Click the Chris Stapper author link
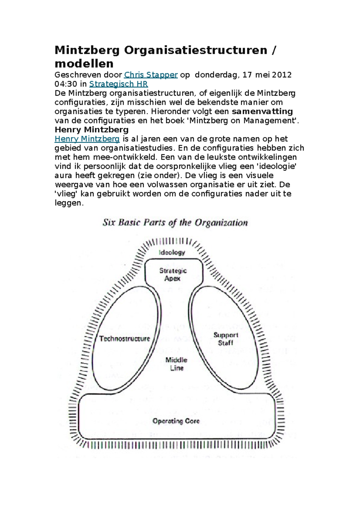pos(151,75)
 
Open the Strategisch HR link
pos(118,84)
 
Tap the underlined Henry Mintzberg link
pos(87,139)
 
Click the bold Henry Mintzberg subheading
pos(91,129)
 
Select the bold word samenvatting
pos(262,112)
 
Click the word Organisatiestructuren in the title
pos(196,50)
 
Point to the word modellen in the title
pos(84,64)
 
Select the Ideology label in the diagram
pos(172,252)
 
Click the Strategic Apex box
pos(173,274)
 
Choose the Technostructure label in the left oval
pos(124,339)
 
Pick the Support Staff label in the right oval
pos(226,339)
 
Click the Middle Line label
pos(176,364)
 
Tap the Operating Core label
pos(176,421)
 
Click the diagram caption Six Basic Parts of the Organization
pos(175,223)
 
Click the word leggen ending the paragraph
pos(68,203)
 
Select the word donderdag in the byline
pos(216,75)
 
